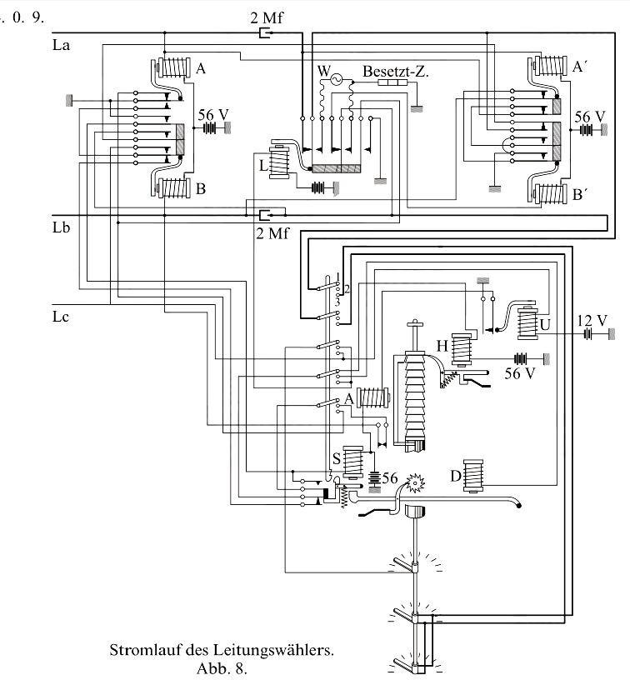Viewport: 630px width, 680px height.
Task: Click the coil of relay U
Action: [528, 322]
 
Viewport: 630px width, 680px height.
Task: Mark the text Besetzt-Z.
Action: [396, 72]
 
